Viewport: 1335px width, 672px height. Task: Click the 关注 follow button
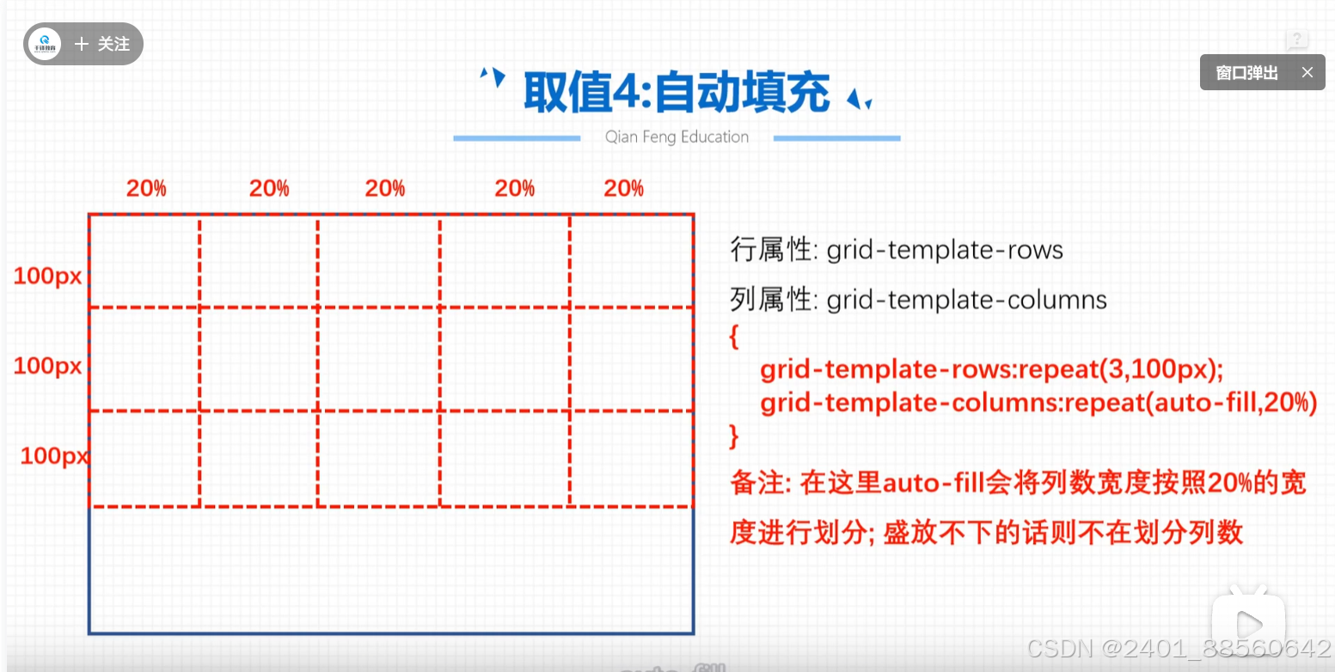103,44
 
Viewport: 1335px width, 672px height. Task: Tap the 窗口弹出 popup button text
1246,73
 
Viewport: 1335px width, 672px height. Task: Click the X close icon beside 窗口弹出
1307,73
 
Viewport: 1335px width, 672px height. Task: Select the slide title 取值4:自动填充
676,93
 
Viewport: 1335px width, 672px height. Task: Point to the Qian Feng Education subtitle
677,137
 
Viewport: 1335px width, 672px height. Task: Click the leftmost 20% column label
146,189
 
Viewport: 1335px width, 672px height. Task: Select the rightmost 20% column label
623,189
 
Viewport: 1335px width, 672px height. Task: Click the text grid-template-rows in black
945,250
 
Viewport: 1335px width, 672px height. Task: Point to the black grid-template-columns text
966,300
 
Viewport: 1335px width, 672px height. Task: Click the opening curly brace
734,336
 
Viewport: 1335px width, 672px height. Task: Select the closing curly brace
734,437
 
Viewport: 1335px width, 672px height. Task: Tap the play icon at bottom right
1248,624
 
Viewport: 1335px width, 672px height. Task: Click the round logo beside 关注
44,44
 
